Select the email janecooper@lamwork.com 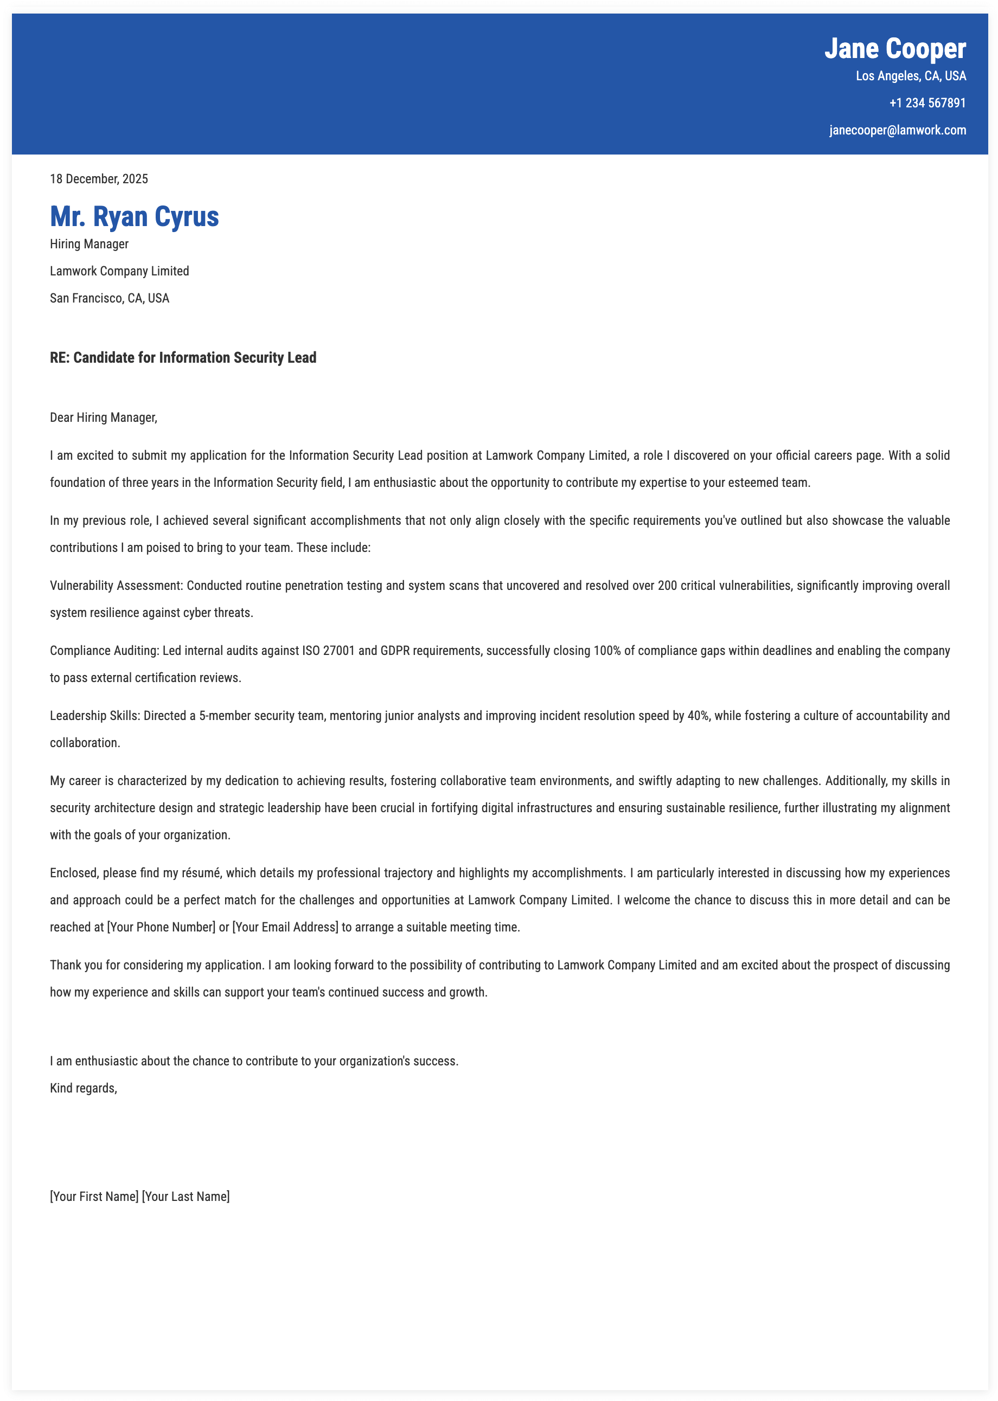coord(897,130)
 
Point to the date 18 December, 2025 coord(99,179)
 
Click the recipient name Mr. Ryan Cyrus coord(134,217)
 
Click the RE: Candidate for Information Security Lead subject coord(183,358)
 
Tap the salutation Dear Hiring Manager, coord(103,417)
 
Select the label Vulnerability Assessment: coord(116,586)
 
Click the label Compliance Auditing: coord(105,651)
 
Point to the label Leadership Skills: coord(95,716)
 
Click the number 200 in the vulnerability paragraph coord(667,586)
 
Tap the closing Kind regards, coord(84,1088)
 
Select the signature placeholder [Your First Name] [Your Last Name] coord(139,1197)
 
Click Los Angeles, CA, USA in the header coord(910,76)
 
